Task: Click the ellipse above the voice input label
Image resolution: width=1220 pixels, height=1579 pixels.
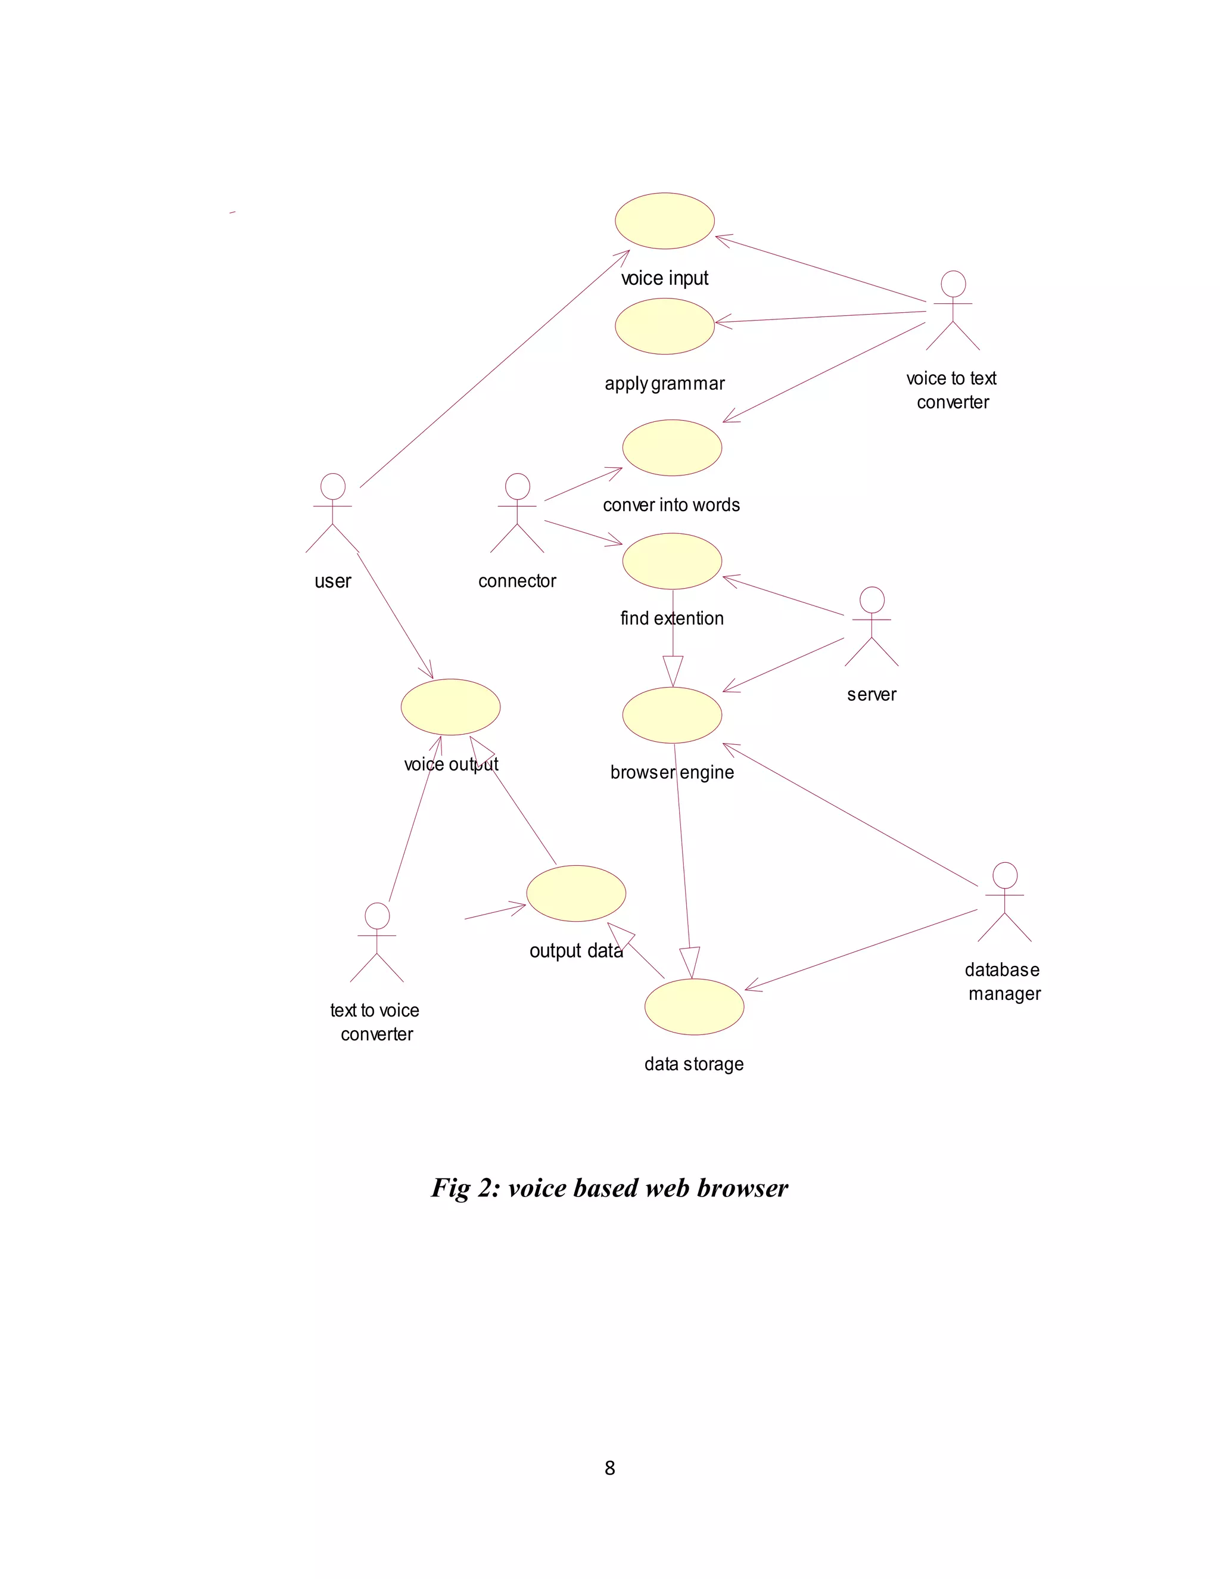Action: point(664,221)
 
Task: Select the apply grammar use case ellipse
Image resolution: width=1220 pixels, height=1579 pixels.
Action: point(664,327)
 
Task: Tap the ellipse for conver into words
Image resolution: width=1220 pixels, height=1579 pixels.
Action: point(671,447)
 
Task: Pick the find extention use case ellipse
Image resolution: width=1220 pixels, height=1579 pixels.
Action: point(671,561)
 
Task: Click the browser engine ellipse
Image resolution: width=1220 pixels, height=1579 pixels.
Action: point(671,715)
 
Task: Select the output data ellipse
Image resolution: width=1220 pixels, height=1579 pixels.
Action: point(576,893)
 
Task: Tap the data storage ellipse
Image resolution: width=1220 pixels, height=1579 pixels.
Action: point(694,1006)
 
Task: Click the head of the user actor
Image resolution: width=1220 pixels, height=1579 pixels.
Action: point(332,486)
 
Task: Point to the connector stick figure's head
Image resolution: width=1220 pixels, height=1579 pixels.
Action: point(518,486)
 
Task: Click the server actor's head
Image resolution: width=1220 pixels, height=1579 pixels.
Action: point(872,599)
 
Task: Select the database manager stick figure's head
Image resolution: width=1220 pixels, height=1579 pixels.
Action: point(1004,875)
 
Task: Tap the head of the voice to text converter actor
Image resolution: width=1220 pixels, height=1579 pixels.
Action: point(953,284)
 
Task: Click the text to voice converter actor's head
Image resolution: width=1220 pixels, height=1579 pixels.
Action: point(376,915)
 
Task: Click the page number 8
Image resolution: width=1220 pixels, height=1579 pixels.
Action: point(610,1468)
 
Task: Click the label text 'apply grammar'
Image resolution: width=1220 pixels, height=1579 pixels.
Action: point(664,383)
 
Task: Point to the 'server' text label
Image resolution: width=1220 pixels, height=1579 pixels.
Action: point(872,695)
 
